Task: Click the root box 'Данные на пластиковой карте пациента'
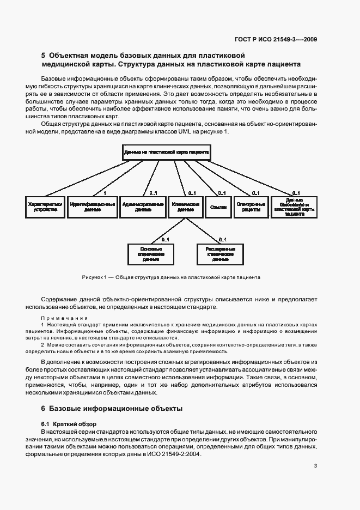click(x=166, y=152)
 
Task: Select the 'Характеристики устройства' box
click(x=45, y=207)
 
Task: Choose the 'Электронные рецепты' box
click(x=251, y=207)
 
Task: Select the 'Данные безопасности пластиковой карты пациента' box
click(x=294, y=207)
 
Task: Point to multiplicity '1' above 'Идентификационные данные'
click(x=104, y=193)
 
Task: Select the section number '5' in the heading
click(x=44, y=55)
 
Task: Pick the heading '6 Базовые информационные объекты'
click(x=112, y=408)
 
